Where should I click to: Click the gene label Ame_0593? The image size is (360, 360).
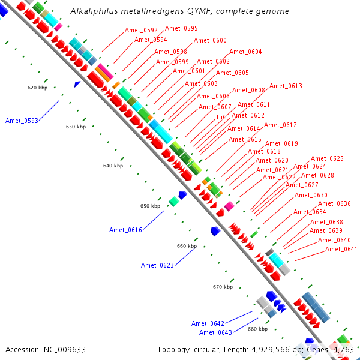pos(22,121)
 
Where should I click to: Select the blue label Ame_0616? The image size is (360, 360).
pos(125,230)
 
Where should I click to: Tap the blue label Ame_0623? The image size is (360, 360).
pos(157,265)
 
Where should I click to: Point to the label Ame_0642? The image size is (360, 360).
pos(208,323)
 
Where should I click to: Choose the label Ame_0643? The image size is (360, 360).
pos(215,332)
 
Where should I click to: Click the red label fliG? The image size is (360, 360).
pos(221,118)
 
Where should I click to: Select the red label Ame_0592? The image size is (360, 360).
pos(141,30)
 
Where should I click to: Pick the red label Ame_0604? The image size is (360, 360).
pos(245,52)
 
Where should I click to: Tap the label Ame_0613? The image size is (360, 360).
pos(286,86)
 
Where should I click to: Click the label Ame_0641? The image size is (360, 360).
pos(341,249)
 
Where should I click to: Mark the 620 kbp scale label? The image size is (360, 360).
pos(37,88)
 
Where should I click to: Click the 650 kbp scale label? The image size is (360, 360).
pos(151,206)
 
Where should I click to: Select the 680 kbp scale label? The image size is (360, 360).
pos(257,329)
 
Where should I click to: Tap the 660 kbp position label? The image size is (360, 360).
pos(187,246)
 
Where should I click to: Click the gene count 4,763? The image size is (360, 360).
pos(341,349)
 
